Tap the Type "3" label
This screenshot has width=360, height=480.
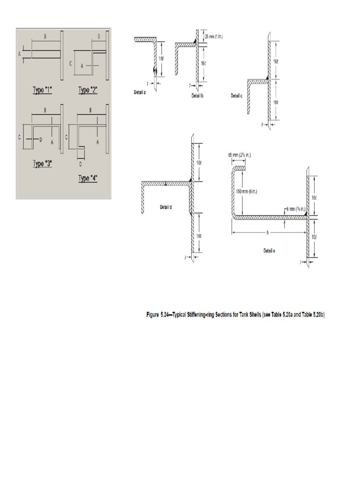(43, 164)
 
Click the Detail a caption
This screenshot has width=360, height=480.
(139, 93)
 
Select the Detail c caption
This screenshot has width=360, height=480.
(237, 95)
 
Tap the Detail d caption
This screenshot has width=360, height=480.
(166, 206)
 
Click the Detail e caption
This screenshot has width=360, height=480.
(269, 251)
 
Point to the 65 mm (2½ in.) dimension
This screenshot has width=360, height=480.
(238, 154)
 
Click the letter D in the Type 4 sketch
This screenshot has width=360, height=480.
(80, 164)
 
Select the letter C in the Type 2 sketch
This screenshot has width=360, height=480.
(71, 63)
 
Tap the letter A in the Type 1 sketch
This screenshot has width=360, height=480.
(20, 54)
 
